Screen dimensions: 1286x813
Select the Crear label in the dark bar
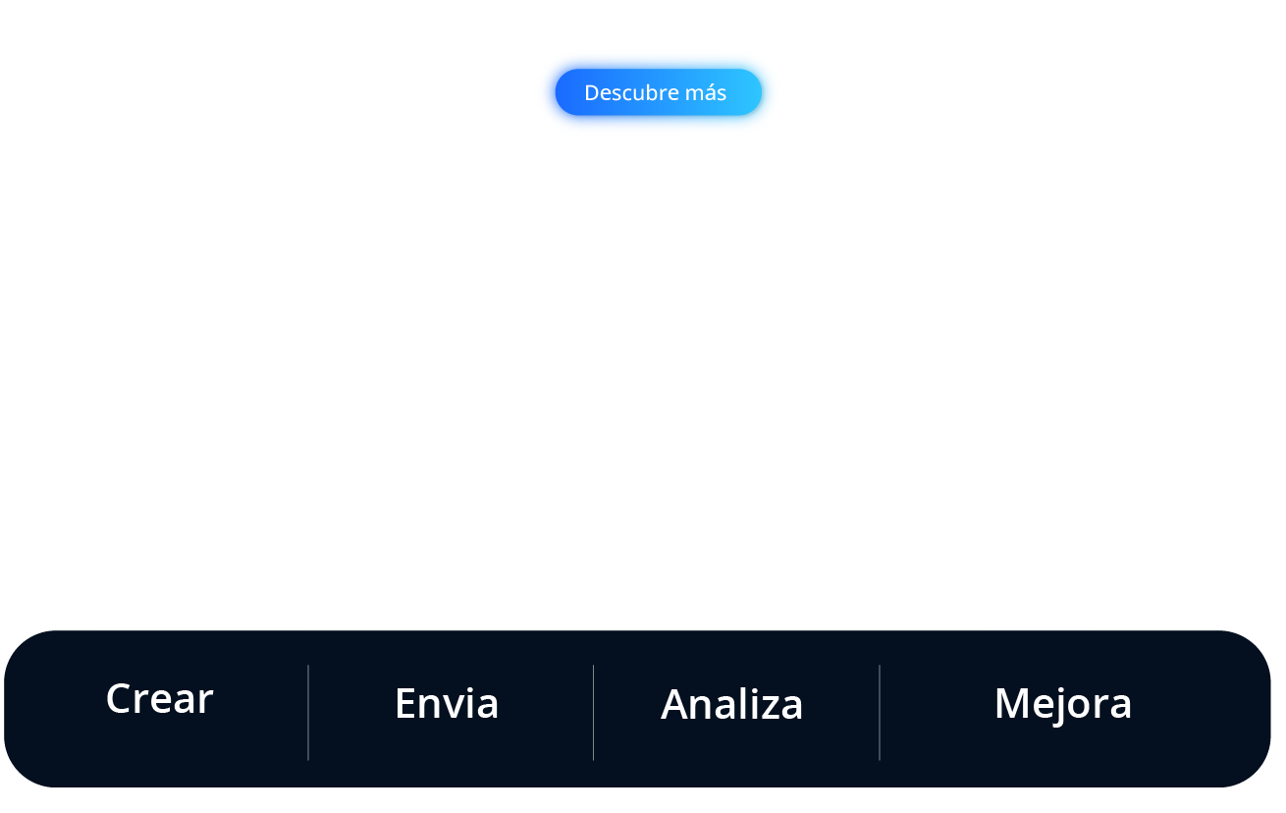coord(159,699)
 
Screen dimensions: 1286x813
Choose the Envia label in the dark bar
coord(447,703)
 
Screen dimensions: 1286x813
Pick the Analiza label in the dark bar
coord(732,704)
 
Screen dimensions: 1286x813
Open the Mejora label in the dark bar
coord(1063,703)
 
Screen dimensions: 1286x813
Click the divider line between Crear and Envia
coord(308,712)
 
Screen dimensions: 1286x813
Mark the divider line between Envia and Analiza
coord(593,712)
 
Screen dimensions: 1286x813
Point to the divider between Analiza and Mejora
coord(880,712)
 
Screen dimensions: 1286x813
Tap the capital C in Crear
coord(119,699)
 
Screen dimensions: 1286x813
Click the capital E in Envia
coord(404,704)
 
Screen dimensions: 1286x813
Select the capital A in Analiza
coord(674,705)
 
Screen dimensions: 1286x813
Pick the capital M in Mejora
coord(1012,704)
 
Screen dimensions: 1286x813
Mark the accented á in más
coord(708,93)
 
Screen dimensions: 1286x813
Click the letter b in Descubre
coord(642,92)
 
